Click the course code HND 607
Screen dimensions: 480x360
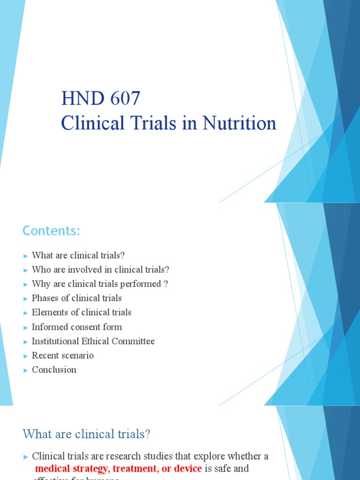click(x=101, y=99)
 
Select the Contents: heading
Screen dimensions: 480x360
click(x=52, y=231)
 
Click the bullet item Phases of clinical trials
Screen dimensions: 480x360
click(x=76, y=298)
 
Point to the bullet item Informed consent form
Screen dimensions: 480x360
click(x=76, y=327)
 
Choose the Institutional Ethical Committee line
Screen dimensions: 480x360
click(x=93, y=341)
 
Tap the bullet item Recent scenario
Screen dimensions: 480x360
click(x=62, y=355)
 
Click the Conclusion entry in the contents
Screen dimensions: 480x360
click(x=54, y=370)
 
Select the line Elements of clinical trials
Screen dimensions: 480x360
click(x=82, y=313)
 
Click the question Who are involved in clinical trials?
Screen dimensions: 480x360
click(x=100, y=270)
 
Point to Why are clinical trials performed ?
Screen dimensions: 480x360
click(x=100, y=284)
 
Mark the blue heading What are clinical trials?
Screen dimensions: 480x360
click(x=87, y=434)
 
